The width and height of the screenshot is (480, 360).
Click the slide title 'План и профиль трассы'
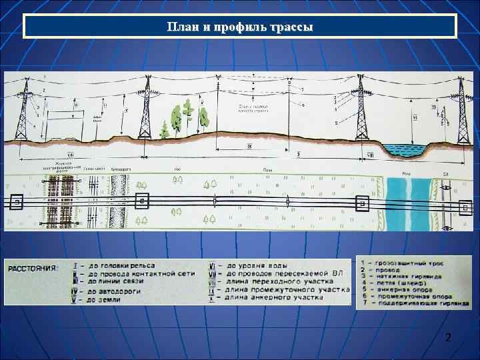click(x=240, y=27)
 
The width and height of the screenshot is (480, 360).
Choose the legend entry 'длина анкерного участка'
click(x=280, y=297)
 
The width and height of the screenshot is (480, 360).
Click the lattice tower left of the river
click(x=361, y=110)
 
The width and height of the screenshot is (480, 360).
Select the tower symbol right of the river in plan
click(x=465, y=207)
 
